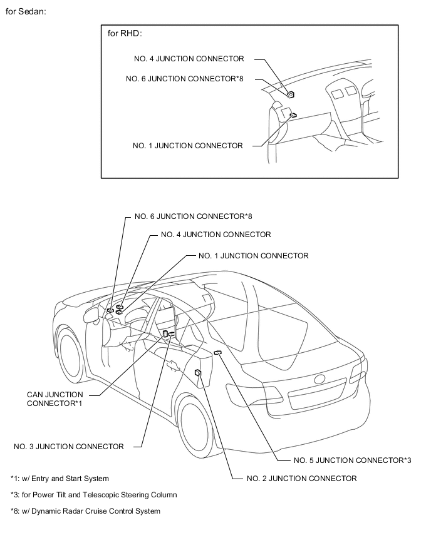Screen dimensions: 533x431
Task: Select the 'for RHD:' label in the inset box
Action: click(x=125, y=34)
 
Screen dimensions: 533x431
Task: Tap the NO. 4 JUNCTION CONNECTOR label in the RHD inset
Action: click(x=189, y=59)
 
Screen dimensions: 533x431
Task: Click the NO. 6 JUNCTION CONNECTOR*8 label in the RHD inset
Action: click(x=184, y=79)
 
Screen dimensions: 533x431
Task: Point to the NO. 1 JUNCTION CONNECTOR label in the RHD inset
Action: click(x=188, y=146)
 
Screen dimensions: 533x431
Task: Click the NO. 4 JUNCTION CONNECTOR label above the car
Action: click(x=215, y=235)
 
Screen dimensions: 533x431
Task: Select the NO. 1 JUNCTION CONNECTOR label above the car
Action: click(x=253, y=256)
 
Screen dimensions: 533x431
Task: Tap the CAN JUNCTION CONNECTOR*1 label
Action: click(x=55, y=399)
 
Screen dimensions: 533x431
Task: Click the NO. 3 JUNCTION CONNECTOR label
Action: click(x=69, y=447)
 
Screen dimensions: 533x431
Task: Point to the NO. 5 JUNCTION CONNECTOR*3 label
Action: click(x=352, y=460)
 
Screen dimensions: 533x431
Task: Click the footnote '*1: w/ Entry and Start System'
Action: click(x=60, y=479)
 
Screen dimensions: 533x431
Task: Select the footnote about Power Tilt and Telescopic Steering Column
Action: click(x=93, y=495)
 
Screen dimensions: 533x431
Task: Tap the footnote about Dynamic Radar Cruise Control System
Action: click(x=85, y=511)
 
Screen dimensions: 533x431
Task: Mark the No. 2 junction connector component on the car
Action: click(x=198, y=373)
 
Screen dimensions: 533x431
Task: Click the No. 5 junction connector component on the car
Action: click(x=217, y=353)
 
